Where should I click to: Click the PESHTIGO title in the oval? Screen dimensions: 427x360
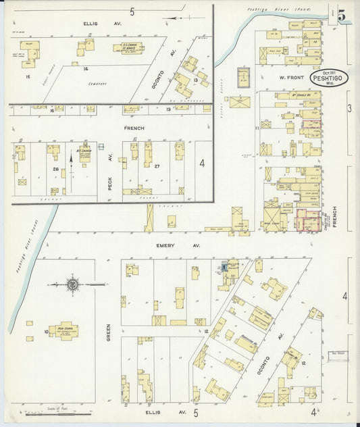[x=329, y=78]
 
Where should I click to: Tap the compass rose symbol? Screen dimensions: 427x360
[x=72, y=284]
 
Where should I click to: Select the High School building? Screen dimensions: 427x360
[x=64, y=331]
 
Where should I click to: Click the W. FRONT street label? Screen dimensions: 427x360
[x=289, y=78]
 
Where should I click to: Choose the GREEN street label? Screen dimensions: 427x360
[x=107, y=331]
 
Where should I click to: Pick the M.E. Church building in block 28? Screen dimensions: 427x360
[x=84, y=153]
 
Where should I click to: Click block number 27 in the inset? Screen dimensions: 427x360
[x=156, y=166]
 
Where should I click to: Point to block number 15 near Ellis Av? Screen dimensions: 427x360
[x=28, y=77]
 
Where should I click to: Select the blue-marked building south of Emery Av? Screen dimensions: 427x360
[x=224, y=268]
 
